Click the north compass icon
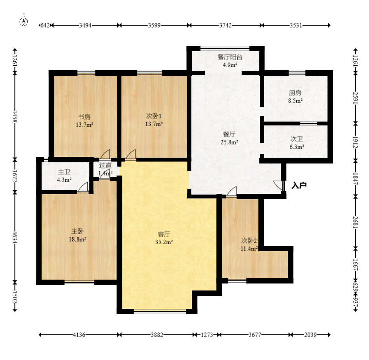click(24, 21)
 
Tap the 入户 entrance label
click(299, 185)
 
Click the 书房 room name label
click(84, 117)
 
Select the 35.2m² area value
click(164, 242)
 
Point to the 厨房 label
click(295, 93)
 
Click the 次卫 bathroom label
click(296, 139)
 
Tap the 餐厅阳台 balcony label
click(230, 57)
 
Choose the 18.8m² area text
click(77, 239)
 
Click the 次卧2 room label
click(249, 241)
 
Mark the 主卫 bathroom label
click(64, 172)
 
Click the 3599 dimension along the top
click(154, 25)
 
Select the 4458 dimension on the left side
click(15, 116)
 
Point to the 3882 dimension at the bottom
click(157, 335)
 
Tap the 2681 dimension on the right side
click(355, 222)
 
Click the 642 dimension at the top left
click(45, 25)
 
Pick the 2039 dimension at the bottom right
click(310, 335)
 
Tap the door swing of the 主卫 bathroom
click(83, 187)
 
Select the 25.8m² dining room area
click(229, 142)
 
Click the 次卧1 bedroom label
click(154, 116)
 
